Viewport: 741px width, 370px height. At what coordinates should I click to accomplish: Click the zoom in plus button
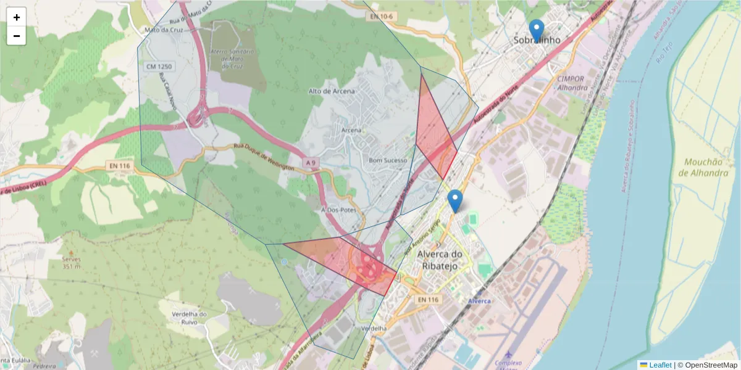point(17,17)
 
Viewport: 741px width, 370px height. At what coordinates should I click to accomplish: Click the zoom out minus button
point(17,36)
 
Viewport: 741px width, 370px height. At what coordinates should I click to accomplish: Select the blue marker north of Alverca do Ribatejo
point(455,200)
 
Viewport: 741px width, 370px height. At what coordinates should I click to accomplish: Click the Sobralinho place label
point(537,40)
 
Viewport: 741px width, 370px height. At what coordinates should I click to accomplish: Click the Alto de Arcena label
point(332,91)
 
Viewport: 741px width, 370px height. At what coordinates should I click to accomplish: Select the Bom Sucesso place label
point(388,160)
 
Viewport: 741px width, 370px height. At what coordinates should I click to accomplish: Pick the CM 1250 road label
point(158,65)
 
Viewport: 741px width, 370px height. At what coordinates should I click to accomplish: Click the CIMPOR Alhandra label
point(572,83)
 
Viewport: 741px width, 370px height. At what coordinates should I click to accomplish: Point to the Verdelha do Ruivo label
point(190,319)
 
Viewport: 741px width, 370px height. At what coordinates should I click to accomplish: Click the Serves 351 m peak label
point(71,263)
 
